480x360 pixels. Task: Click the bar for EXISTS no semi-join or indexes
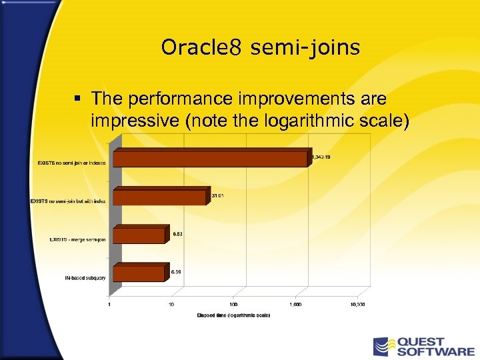(210, 159)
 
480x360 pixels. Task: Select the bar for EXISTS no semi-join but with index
(160, 198)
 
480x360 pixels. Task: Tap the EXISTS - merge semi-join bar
(139, 236)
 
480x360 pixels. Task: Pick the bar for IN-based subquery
(139, 273)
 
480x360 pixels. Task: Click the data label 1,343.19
(321, 157)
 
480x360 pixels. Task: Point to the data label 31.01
(217, 195)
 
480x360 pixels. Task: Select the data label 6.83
(178, 234)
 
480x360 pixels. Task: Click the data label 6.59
(177, 271)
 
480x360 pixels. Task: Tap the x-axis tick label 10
(171, 304)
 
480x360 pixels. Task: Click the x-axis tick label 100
(233, 304)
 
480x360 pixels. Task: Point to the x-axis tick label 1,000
(295, 304)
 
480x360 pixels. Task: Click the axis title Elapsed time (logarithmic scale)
(233, 315)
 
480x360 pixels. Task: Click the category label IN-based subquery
(86, 277)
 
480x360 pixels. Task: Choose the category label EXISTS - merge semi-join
(77, 239)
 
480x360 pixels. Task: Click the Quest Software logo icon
(383, 347)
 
